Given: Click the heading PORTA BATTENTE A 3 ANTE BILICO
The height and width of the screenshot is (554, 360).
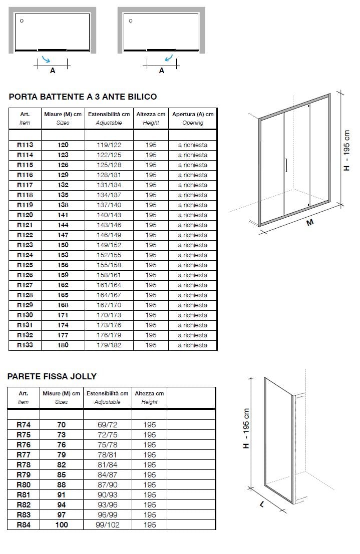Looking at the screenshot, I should pos(83,97).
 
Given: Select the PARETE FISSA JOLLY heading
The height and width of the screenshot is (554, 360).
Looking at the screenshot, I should pos(52,376).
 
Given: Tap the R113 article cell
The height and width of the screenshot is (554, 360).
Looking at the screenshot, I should pos(25,145).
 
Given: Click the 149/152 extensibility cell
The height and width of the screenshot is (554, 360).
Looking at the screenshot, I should pos(109,245).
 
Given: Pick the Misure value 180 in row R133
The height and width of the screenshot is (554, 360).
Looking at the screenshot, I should pos(63,345).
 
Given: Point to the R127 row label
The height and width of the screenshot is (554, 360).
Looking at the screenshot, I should pos(25,285).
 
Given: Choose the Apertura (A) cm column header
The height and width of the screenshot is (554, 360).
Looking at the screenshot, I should pos(192,118).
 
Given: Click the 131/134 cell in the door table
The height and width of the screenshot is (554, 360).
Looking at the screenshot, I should pos(109,185).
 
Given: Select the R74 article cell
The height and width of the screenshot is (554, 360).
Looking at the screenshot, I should pos(24,425).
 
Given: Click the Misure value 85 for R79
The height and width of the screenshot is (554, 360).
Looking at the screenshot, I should pos(61,475).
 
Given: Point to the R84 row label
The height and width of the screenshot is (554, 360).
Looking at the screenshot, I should pos(24,525).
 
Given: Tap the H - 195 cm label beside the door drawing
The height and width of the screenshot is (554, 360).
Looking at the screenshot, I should pos(347,151).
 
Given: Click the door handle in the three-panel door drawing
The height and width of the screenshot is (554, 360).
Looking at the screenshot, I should pos(285,166).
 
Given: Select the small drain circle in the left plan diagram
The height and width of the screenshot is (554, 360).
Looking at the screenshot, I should pos(22,21).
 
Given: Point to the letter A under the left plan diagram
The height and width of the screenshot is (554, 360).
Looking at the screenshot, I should pos(53,71).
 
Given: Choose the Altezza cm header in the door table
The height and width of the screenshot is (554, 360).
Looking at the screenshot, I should pos(151,118).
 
